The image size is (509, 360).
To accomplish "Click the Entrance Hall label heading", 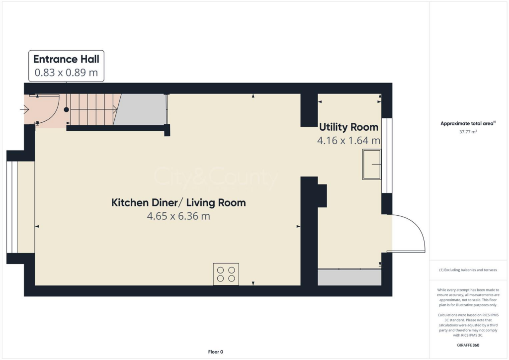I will point(66,59).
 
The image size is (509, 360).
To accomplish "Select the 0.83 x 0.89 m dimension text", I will point(66,73).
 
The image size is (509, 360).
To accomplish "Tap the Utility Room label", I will point(348,127).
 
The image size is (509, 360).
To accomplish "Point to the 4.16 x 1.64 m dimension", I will point(348,141).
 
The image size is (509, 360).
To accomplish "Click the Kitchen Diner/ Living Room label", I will point(178,202).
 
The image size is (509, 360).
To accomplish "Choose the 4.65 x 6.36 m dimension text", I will point(178,216).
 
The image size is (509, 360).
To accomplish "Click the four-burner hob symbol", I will point(226,274).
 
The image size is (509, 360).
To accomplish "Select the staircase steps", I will point(92,109).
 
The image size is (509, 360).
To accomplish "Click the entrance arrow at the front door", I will point(24,110).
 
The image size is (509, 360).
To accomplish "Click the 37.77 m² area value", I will point(468,133).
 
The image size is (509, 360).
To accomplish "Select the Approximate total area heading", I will point(468,123).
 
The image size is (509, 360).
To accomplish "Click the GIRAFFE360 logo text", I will point(468,345).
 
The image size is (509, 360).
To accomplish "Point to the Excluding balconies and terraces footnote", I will point(468,270).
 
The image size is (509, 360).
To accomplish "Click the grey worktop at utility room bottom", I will point(349,277).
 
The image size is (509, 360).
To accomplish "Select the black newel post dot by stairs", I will point(66,110).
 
